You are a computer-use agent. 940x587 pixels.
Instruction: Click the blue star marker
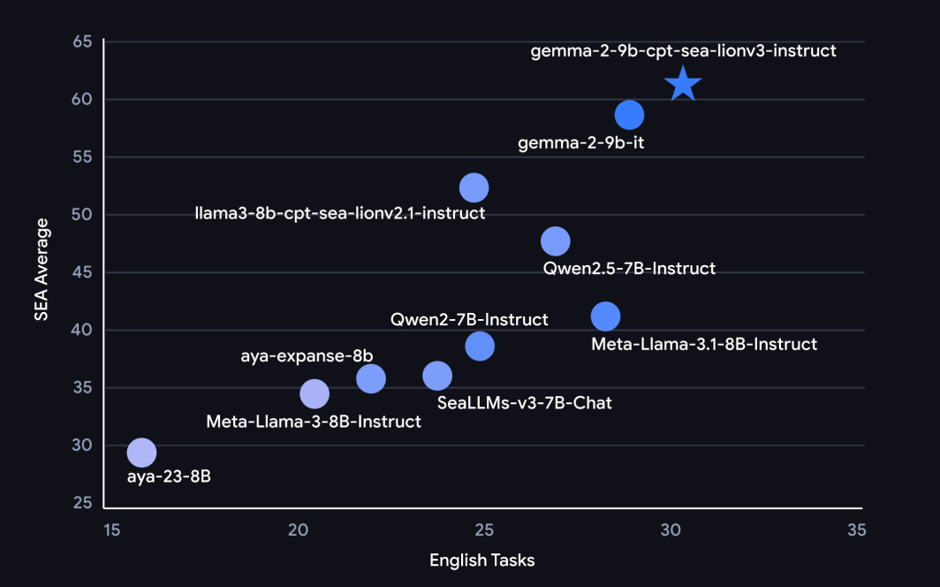tap(683, 85)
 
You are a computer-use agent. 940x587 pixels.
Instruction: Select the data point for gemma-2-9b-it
tap(629, 114)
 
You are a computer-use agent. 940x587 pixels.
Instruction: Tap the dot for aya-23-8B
tap(141, 453)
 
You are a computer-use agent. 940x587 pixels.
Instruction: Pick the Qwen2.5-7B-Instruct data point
tap(555, 240)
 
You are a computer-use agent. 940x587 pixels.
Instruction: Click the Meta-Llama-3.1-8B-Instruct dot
tap(605, 316)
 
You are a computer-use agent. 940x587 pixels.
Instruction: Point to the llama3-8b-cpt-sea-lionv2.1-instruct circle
tap(474, 187)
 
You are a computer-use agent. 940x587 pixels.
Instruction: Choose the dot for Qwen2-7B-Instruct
tap(480, 346)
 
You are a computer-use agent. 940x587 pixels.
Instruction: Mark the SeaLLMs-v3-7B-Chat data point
tap(437, 377)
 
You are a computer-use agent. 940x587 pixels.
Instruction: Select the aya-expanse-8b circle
tap(371, 378)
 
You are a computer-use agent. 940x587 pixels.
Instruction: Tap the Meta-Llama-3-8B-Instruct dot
tap(315, 393)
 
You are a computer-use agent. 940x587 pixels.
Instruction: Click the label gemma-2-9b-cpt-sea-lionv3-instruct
tap(683, 50)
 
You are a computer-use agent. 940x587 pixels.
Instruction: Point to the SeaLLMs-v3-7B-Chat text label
tap(525, 403)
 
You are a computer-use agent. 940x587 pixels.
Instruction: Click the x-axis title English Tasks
tap(481, 560)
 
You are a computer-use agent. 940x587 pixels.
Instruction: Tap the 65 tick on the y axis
tap(81, 42)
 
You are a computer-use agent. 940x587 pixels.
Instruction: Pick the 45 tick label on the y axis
tap(81, 272)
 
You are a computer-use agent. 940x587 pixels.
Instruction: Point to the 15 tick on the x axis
tap(111, 530)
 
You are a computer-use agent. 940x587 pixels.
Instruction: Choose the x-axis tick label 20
tap(298, 530)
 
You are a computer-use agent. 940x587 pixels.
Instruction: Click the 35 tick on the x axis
tap(856, 530)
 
